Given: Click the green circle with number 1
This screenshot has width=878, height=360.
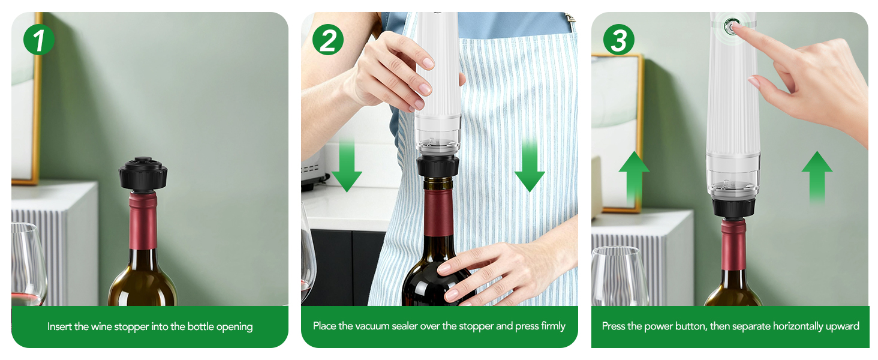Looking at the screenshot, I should click(x=39, y=40).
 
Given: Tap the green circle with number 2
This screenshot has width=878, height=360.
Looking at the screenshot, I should click(x=328, y=40).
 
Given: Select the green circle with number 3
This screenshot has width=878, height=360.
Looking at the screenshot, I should click(x=618, y=40).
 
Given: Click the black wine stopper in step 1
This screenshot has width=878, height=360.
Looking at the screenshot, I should click(x=143, y=173).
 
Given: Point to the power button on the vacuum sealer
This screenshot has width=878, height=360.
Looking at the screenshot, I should click(x=731, y=26).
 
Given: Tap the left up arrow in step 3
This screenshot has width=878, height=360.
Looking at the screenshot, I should click(x=634, y=177).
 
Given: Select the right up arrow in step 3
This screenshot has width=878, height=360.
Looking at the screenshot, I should click(x=817, y=177).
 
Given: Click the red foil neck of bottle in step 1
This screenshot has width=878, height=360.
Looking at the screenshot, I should click(x=143, y=219).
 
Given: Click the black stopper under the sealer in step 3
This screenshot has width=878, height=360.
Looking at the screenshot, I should click(x=733, y=207).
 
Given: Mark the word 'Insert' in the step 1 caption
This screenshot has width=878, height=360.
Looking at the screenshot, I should click(x=59, y=327).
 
